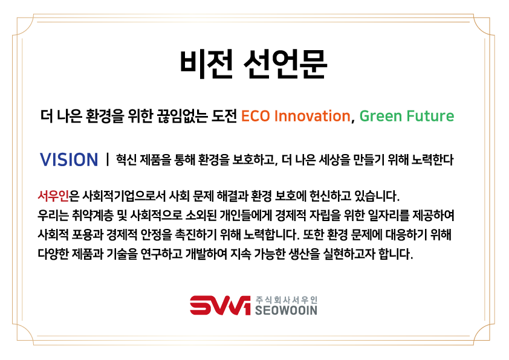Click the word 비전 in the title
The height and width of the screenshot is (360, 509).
click(207, 64)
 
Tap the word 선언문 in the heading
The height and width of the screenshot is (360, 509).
click(285, 64)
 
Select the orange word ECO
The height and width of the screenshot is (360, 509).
click(256, 116)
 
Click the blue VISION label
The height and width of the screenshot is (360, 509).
click(69, 159)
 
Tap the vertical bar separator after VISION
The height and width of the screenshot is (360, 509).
click(107, 159)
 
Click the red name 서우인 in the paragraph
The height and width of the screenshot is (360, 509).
click(53, 196)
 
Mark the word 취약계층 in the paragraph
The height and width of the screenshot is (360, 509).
click(92, 216)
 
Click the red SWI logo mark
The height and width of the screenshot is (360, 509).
click(220, 305)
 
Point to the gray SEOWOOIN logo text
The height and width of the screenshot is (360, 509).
click(286, 310)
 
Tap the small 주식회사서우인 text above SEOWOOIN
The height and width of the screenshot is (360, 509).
click(287, 300)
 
